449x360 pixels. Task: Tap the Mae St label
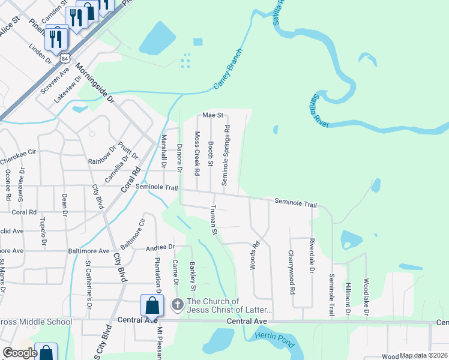pos(212,115)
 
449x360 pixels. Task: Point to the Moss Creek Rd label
pos(197,154)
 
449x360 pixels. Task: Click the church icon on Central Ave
pos(177,305)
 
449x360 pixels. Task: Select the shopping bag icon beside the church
pos(152,305)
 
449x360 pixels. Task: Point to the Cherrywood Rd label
pos(292,272)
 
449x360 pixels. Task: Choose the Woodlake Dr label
pos(366,296)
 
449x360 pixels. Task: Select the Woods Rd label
pos(255,254)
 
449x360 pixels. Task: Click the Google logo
pos(20,353)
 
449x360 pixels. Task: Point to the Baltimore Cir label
pos(133,234)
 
